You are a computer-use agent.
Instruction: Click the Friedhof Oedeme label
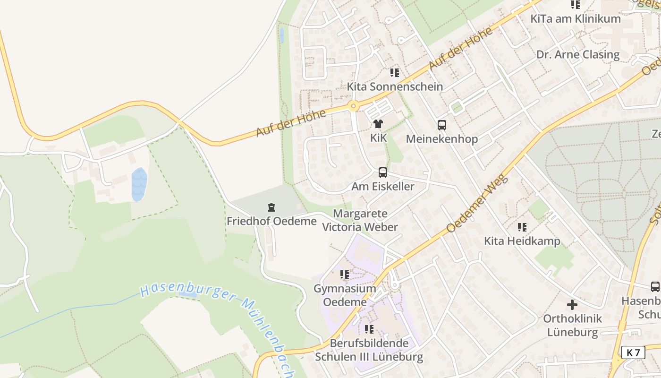271,221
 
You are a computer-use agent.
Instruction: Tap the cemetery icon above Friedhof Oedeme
271,207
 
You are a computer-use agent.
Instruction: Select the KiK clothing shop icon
378,124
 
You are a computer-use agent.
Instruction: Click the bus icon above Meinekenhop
442,125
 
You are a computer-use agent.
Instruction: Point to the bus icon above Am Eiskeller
382,172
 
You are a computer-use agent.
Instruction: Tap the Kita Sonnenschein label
395,86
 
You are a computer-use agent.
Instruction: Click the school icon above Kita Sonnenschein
395,73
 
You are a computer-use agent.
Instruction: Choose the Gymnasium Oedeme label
345,295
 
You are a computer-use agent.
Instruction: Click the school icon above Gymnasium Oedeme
345,275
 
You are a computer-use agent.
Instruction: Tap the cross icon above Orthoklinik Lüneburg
572,305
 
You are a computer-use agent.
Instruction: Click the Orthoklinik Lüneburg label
572,325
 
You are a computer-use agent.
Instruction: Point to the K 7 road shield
633,352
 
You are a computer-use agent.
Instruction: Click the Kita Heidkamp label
522,241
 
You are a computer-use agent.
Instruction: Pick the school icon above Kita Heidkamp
522,227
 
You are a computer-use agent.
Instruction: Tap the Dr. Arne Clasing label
578,54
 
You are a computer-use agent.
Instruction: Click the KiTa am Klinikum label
575,19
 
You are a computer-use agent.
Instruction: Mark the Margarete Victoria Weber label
360,220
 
